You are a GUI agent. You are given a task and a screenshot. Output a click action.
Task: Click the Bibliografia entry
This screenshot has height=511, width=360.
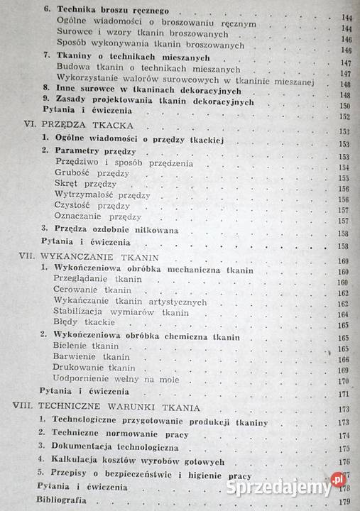[x=63, y=500]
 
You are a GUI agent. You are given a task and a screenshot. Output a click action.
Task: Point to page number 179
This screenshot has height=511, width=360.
[x=347, y=501]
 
